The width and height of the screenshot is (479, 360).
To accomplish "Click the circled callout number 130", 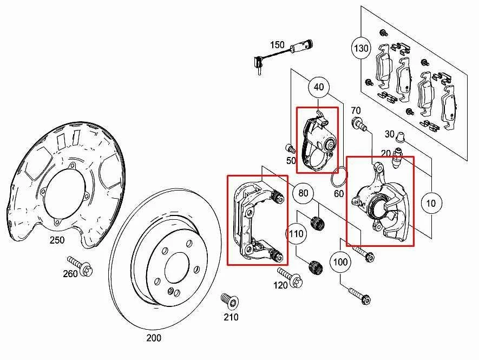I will pyautogui.click(x=361, y=48).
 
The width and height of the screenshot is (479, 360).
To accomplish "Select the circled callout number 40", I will pyautogui.click(x=319, y=87).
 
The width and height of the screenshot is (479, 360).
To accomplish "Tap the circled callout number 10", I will pyautogui.click(x=431, y=204).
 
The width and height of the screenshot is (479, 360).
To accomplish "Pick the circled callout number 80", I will pyautogui.click(x=303, y=192).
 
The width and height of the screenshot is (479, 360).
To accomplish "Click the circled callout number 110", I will pyautogui.click(x=296, y=234).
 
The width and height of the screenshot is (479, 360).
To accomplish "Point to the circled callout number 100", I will pyautogui.click(x=340, y=262).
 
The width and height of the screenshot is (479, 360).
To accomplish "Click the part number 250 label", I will pyautogui.click(x=57, y=240).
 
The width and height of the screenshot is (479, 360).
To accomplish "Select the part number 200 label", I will pyautogui.click(x=154, y=338).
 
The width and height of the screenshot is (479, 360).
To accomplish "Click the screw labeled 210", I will pyautogui.click(x=227, y=299).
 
